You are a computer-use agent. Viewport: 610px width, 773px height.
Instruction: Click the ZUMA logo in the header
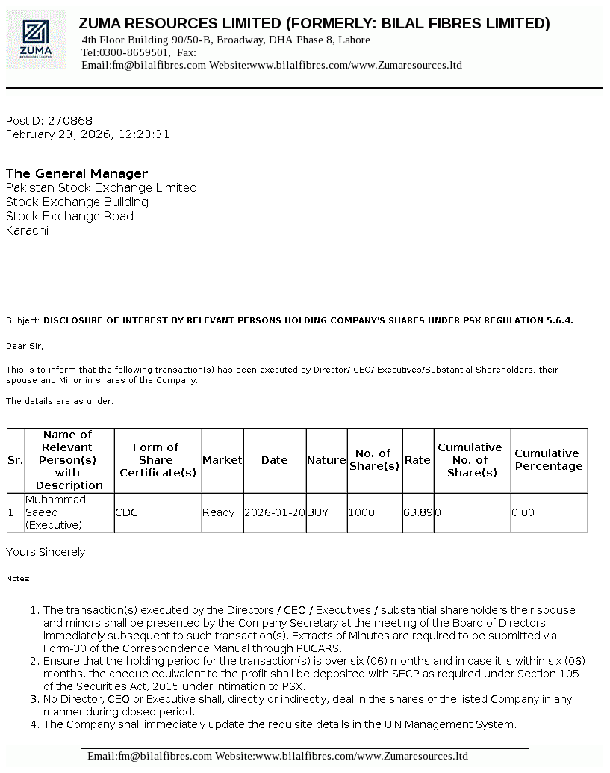click(37, 40)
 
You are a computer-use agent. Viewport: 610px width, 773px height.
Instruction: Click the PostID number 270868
click(70, 121)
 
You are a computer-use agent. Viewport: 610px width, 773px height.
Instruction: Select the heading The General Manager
click(77, 174)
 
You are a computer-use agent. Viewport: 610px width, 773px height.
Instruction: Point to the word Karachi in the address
click(27, 231)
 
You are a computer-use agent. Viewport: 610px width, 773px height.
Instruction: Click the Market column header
click(222, 460)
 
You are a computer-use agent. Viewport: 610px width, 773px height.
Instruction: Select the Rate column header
click(417, 460)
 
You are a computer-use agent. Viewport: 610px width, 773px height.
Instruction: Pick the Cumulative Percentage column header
click(548, 460)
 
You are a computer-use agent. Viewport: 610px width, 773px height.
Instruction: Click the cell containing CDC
click(126, 513)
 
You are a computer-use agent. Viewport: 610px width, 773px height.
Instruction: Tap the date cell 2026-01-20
click(274, 513)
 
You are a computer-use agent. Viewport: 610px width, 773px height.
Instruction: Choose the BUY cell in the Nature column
click(318, 513)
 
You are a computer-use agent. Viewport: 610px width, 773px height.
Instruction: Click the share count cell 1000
click(361, 513)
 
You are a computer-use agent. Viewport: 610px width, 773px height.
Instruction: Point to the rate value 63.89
click(418, 513)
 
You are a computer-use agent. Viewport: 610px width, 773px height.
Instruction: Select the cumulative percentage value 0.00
click(523, 513)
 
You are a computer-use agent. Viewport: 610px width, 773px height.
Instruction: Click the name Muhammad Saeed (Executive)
click(55, 512)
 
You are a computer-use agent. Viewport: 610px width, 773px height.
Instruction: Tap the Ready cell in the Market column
click(218, 513)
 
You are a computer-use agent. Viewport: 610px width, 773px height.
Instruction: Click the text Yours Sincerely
click(47, 552)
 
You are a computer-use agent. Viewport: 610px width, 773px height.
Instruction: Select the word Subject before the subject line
click(22, 320)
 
